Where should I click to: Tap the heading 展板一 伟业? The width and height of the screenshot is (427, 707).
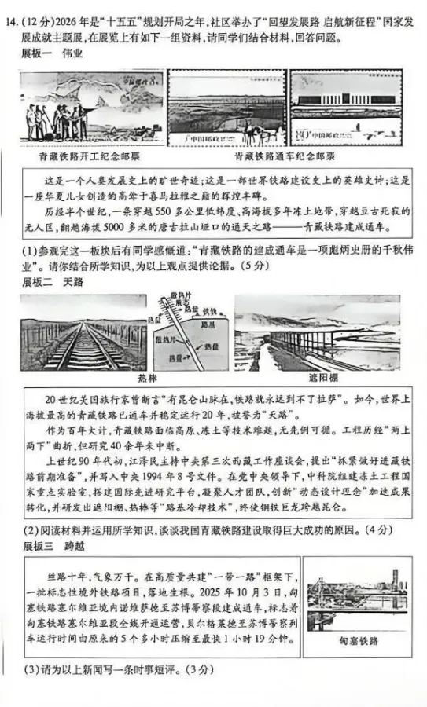[52, 53]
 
